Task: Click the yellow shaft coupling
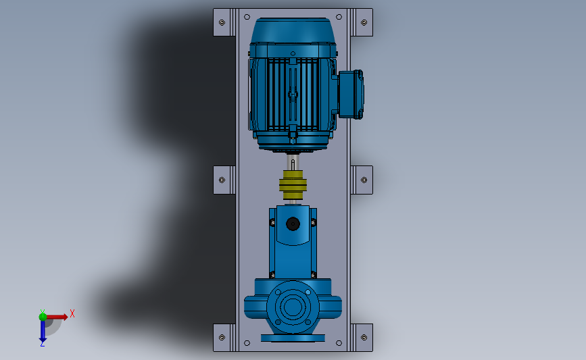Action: (x=293, y=185)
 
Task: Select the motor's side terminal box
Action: (x=351, y=95)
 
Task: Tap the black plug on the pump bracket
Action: (x=293, y=224)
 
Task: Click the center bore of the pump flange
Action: (x=293, y=307)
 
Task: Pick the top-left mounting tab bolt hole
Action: (x=222, y=22)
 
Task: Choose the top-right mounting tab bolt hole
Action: (x=364, y=22)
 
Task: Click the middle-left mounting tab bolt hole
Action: (x=222, y=180)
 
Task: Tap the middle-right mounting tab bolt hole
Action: (x=364, y=180)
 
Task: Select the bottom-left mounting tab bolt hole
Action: (x=222, y=338)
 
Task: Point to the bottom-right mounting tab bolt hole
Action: (x=364, y=338)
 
